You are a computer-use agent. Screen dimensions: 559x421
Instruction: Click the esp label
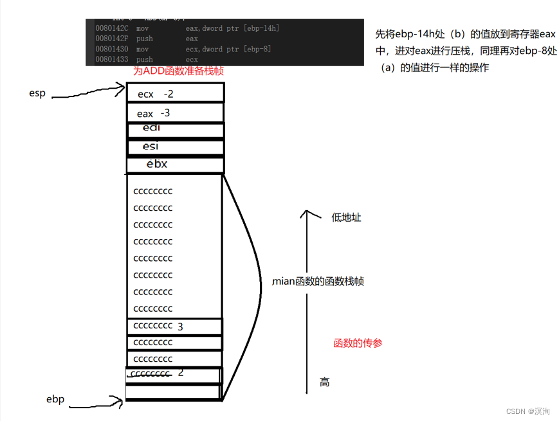click(37, 93)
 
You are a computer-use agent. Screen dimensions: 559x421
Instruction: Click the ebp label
click(55, 399)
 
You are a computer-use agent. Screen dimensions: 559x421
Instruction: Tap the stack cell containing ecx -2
click(175, 94)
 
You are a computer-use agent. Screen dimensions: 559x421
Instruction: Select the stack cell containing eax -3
click(175, 113)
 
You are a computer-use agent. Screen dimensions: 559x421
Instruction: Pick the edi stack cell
click(175, 129)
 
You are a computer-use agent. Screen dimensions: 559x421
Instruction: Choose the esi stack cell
click(175, 147)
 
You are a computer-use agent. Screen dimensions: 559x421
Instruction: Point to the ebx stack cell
click(175, 164)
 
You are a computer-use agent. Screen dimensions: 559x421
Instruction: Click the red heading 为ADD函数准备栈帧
click(178, 71)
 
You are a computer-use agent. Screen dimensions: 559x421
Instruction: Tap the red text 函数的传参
click(358, 343)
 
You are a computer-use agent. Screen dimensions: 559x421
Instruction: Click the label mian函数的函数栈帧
click(318, 282)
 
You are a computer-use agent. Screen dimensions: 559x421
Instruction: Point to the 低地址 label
click(346, 217)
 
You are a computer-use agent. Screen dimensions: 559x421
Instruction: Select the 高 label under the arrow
click(325, 382)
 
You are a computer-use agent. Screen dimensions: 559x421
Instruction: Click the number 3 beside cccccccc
click(180, 327)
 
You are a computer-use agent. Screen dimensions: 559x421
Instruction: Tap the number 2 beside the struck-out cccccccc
click(181, 373)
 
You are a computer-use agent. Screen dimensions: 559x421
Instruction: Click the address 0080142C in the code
click(111, 28)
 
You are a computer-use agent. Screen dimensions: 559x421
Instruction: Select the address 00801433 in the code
click(111, 59)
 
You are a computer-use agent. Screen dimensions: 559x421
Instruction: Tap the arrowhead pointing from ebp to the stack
click(120, 402)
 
